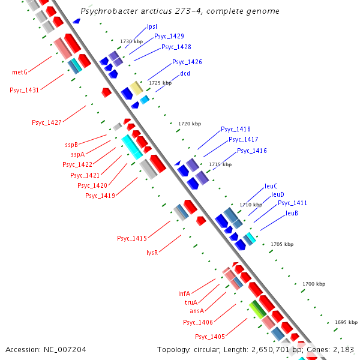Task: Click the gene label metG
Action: pyautogui.click(x=20, y=72)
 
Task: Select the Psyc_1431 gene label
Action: pyautogui.click(x=24, y=90)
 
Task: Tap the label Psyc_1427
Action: pyautogui.click(x=47, y=122)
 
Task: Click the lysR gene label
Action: pyautogui.click(x=152, y=253)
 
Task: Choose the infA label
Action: pyautogui.click(x=184, y=293)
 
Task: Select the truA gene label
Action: pyautogui.click(x=191, y=302)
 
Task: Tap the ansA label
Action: pyautogui.click(x=197, y=311)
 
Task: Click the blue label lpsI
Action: pyautogui.click(x=152, y=27)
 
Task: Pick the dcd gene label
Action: pyautogui.click(x=185, y=74)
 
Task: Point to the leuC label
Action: pyautogui.click(x=271, y=186)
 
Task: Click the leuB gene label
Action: pyautogui.click(x=292, y=213)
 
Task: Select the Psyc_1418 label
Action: pyautogui.click(x=236, y=129)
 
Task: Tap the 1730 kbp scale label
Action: pyautogui.click(x=131, y=41)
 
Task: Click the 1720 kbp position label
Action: pyautogui.click(x=190, y=124)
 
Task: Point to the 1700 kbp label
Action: pyautogui.click(x=313, y=283)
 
